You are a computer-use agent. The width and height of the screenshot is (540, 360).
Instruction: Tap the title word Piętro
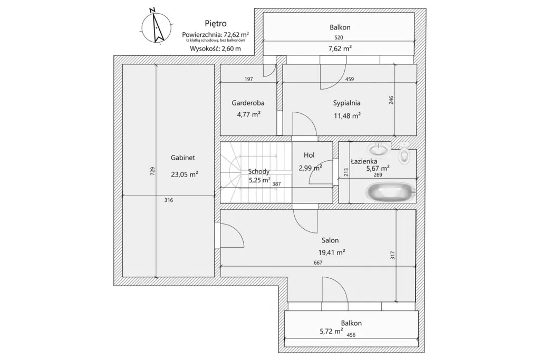point(215,23)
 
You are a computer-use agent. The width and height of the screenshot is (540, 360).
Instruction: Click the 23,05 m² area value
point(184,173)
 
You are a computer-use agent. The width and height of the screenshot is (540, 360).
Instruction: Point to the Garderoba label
point(248,103)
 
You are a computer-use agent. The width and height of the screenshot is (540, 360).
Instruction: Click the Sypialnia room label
point(346,103)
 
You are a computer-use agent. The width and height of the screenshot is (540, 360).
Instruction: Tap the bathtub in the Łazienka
point(391,192)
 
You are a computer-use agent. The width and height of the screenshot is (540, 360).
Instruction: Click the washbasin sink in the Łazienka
point(379,150)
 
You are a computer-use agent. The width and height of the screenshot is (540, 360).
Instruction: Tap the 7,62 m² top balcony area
point(340,48)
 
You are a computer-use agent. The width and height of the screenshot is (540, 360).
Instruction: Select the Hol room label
point(309,155)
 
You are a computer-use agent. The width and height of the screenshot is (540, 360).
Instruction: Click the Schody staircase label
point(259,171)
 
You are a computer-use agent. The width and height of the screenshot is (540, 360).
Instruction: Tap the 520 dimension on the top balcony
point(340,37)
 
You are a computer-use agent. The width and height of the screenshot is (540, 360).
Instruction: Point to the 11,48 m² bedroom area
point(346,116)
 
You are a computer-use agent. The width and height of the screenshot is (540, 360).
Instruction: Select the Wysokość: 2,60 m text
point(215,48)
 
